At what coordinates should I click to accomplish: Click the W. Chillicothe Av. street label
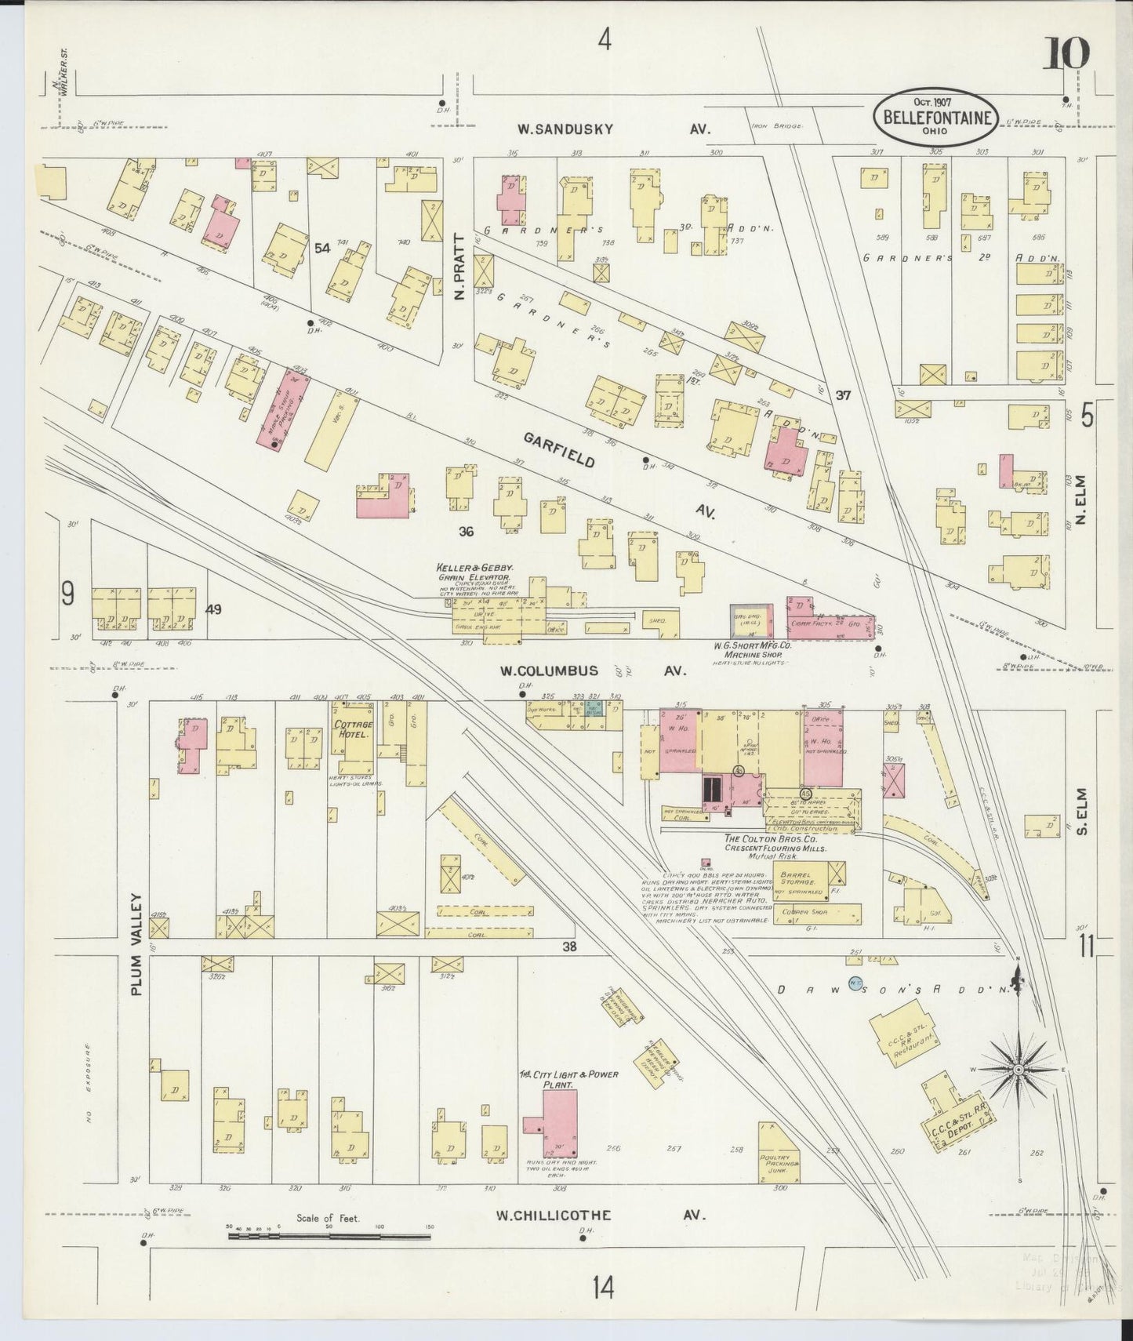(x=601, y=1237)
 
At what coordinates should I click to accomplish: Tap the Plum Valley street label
(x=138, y=944)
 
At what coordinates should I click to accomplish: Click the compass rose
(x=1018, y=1069)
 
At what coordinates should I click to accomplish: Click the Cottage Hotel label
(x=354, y=730)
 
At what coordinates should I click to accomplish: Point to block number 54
(x=321, y=249)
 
